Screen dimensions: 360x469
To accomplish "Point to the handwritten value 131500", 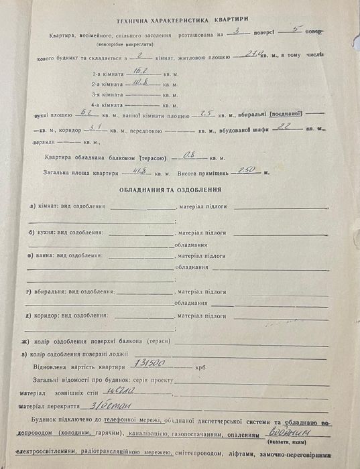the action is [147, 366].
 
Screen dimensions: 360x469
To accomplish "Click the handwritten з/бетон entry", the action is [117, 406].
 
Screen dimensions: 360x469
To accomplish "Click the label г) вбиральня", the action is [70, 292].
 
